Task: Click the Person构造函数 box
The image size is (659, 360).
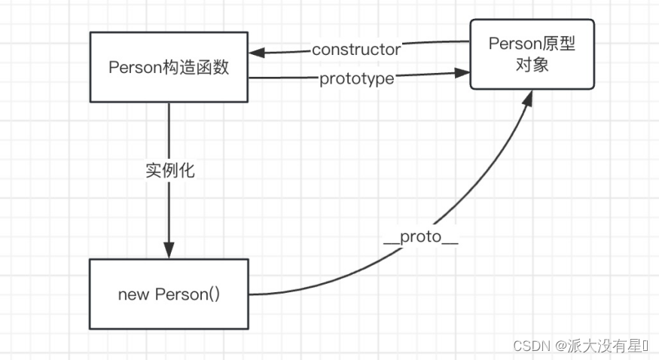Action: [169, 67]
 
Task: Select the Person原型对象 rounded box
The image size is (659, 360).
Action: [532, 54]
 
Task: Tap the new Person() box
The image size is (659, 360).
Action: [169, 294]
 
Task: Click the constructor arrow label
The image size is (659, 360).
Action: [356, 50]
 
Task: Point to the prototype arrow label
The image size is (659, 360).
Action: [356, 78]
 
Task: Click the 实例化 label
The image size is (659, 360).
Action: [169, 170]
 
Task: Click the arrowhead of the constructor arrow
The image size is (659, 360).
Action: [256, 52]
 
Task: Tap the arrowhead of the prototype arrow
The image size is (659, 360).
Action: [462, 72]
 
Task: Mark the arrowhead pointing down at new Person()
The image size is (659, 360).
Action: [169, 251]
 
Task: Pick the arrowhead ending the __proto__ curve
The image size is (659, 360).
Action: [527, 98]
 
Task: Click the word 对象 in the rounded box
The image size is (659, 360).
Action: [532, 65]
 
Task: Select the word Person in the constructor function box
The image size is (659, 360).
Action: [135, 67]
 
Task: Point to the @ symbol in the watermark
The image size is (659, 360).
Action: [561, 345]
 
